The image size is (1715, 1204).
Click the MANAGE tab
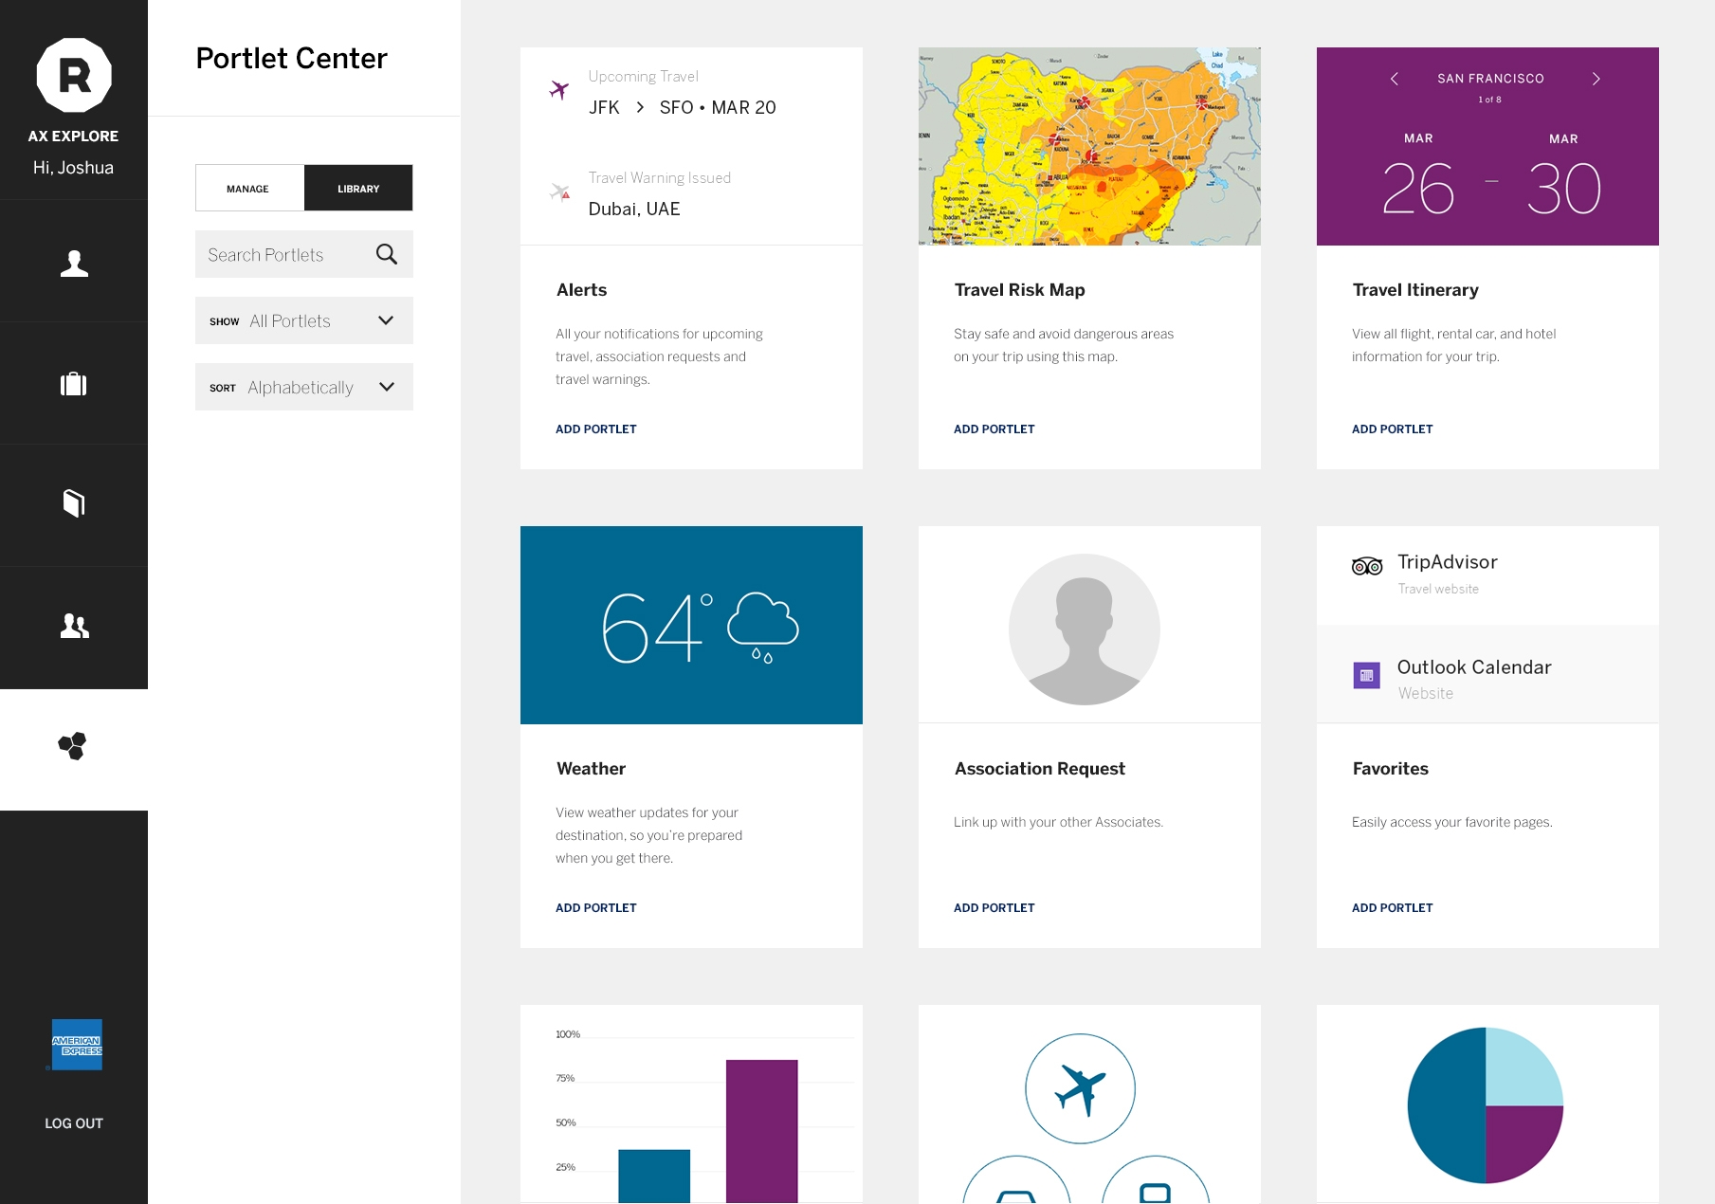pos(248,189)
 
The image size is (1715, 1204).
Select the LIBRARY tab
pos(358,189)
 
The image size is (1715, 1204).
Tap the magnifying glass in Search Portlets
pos(386,254)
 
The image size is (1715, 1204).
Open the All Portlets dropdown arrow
pos(386,320)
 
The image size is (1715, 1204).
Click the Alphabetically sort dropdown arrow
pos(386,387)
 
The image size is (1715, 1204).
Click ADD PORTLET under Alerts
pos(595,429)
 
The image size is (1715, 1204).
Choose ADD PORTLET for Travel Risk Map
pos(994,429)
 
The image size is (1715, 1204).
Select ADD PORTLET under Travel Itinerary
pos(1392,429)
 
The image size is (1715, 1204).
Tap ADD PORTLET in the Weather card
pos(595,908)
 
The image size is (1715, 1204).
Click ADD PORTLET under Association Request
pos(994,908)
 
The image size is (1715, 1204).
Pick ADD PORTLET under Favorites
pos(1392,908)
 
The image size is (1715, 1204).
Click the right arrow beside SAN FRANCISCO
pos(1596,79)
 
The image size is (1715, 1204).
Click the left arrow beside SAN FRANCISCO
pos(1394,79)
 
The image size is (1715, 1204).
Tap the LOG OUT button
pos(74,1123)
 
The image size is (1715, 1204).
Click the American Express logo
pos(77,1045)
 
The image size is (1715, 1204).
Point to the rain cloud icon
pos(763,627)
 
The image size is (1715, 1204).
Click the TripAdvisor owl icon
pos(1366,567)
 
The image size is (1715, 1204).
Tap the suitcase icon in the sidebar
pos(74,384)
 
